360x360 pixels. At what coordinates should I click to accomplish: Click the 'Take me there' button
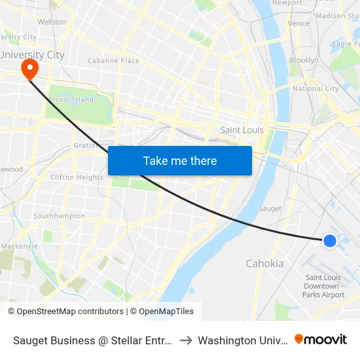[x=180, y=160]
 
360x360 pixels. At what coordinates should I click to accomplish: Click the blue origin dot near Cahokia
[x=330, y=241]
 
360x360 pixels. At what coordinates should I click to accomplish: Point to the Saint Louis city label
[x=242, y=130]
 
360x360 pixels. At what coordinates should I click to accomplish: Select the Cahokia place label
[x=264, y=264]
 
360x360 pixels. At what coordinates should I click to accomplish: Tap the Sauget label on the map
[x=270, y=208]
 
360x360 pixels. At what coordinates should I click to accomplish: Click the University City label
[x=33, y=54]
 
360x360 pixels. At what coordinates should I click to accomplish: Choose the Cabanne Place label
[x=113, y=61]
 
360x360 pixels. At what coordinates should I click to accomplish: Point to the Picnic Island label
[x=71, y=100]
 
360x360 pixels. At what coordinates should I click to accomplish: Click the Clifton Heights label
[x=77, y=177]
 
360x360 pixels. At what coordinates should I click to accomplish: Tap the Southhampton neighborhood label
[x=59, y=216]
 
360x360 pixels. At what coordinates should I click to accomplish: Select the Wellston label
[x=52, y=22]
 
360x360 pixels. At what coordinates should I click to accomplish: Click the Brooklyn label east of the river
[x=304, y=60]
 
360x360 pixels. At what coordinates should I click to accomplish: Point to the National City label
[x=315, y=88]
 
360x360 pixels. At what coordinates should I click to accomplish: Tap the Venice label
[x=298, y=24]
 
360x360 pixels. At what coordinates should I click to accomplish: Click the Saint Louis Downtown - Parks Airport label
[x=323, y=286]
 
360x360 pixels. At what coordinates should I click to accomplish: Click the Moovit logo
[x=321, y=339]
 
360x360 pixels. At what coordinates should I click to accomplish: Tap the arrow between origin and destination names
[x=186, y=340]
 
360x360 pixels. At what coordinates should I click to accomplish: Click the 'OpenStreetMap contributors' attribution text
[x=65, y=312]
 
